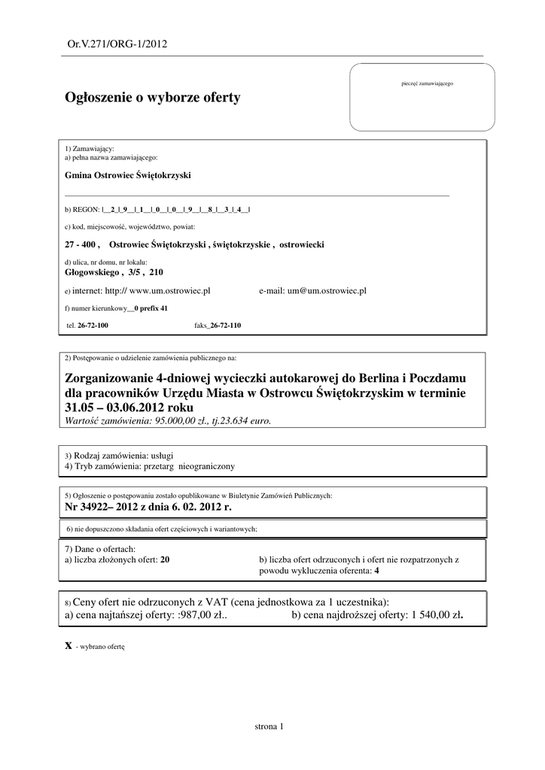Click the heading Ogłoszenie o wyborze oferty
[153, 98]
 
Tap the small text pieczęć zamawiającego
[428, 83]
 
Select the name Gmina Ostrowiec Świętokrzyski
[129, 175]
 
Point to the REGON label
[78, 210]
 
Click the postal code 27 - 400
[82, 245]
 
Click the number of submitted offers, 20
[165, 560]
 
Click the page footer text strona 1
[269, 726]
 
